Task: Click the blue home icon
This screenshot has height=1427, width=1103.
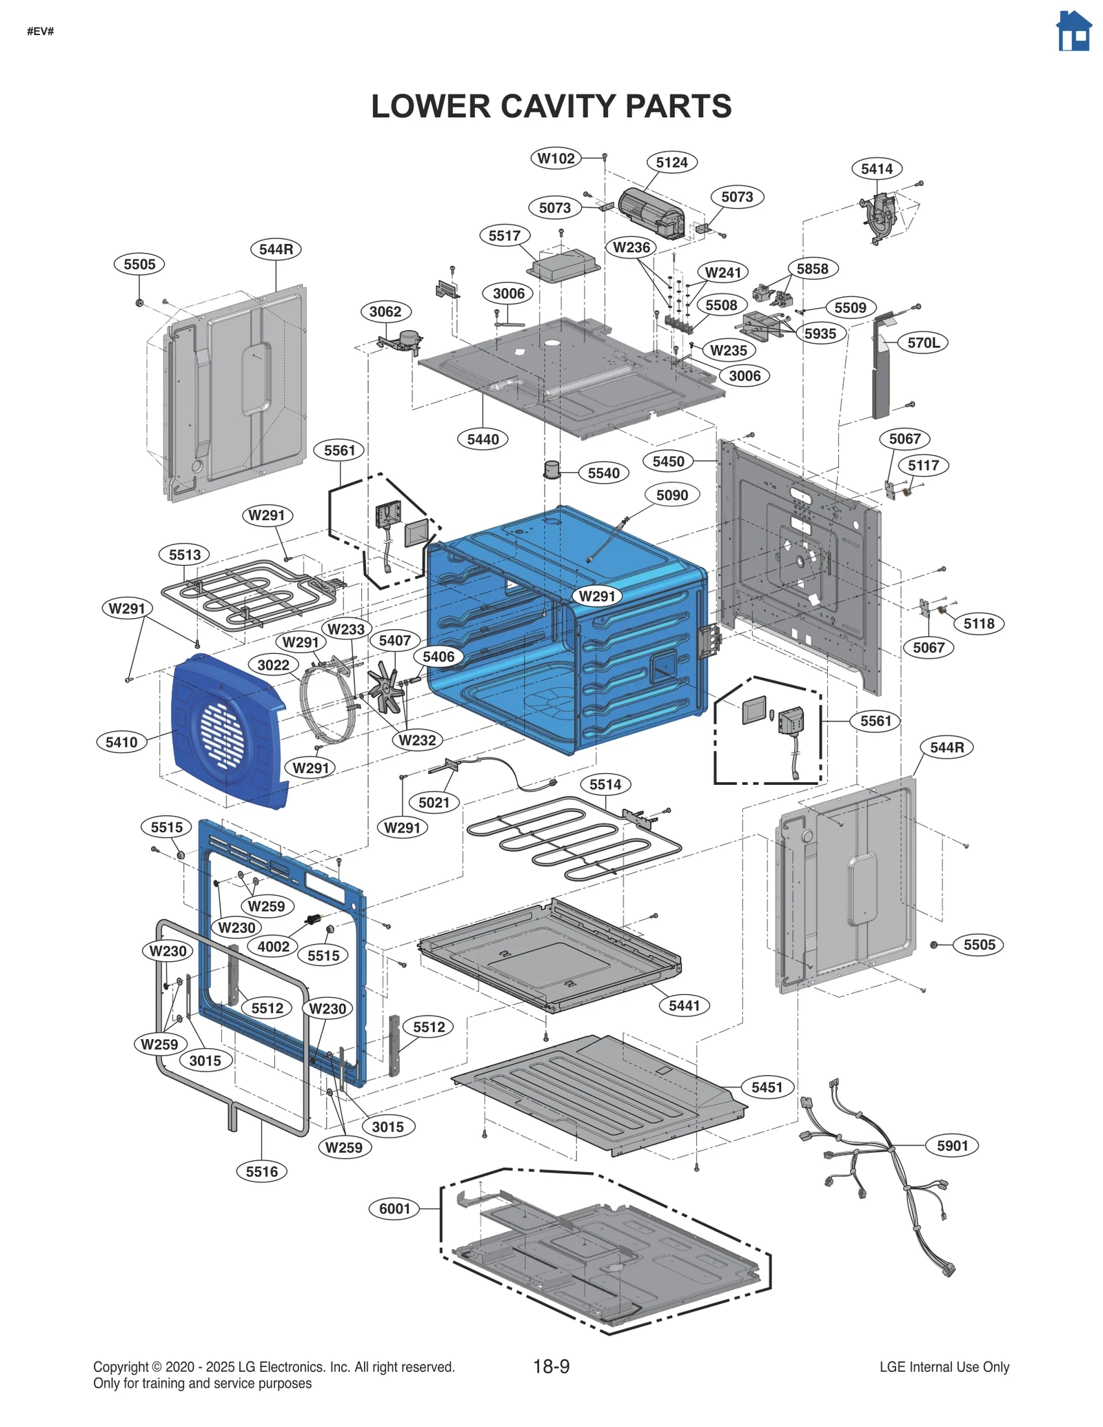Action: (x=1074, y=32)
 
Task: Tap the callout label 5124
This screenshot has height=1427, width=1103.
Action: (x=671, y=163)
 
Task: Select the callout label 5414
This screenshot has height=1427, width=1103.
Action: (x=876, y=169)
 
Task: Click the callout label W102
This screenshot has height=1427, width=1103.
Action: (x=556, y=158)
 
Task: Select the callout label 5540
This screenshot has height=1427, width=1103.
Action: (x=603, y=473)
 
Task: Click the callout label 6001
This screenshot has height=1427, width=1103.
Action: (x=394, y=1209)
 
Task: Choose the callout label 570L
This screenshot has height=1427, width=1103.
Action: (x=923, y=342)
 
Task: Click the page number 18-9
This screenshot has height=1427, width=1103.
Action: (x=551, y=1366)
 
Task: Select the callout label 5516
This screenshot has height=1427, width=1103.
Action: (x=261, y=1171)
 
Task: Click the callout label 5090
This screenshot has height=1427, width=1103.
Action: (x=671, y=495)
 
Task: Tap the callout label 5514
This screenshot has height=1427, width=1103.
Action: (x=605, y=784)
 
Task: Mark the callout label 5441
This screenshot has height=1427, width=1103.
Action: (x=684, y=1005)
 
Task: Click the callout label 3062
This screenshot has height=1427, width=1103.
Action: (x=385, y=311)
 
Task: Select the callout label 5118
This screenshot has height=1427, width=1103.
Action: (x=978, y=624)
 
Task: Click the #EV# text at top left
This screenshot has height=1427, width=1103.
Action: (x=40, y=32)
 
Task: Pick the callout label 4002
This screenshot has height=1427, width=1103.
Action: (x=273, y=946)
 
